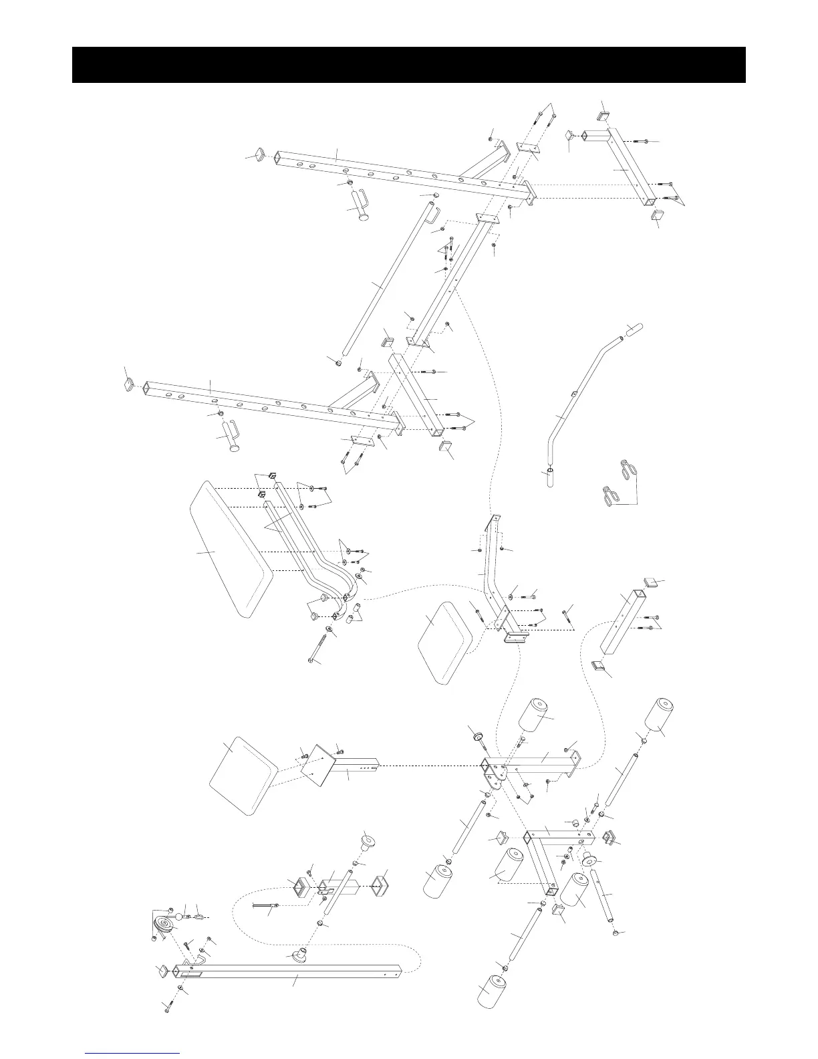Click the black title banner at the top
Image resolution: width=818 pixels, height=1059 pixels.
tap(408, 65)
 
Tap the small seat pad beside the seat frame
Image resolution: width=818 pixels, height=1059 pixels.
tap(443, 641)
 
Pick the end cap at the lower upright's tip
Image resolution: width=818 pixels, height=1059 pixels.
tap(129, 384)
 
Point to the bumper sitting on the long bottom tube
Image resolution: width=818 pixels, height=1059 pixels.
tap(297, 953)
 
